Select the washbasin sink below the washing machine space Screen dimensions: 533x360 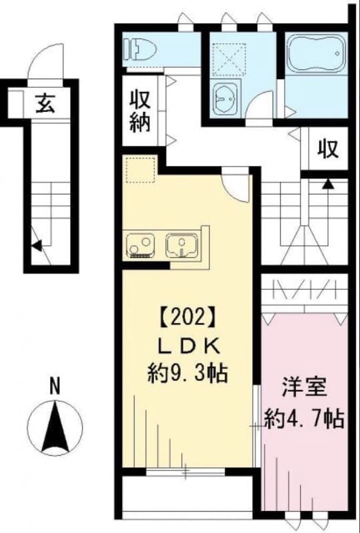click(x=227, y=99)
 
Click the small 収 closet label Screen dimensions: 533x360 click(x=327, y=147)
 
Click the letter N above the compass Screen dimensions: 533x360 click(x=57, y=384)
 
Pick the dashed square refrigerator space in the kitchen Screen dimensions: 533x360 click(x=139, y=170)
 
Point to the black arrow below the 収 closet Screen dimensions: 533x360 click(x=327, y=183)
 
